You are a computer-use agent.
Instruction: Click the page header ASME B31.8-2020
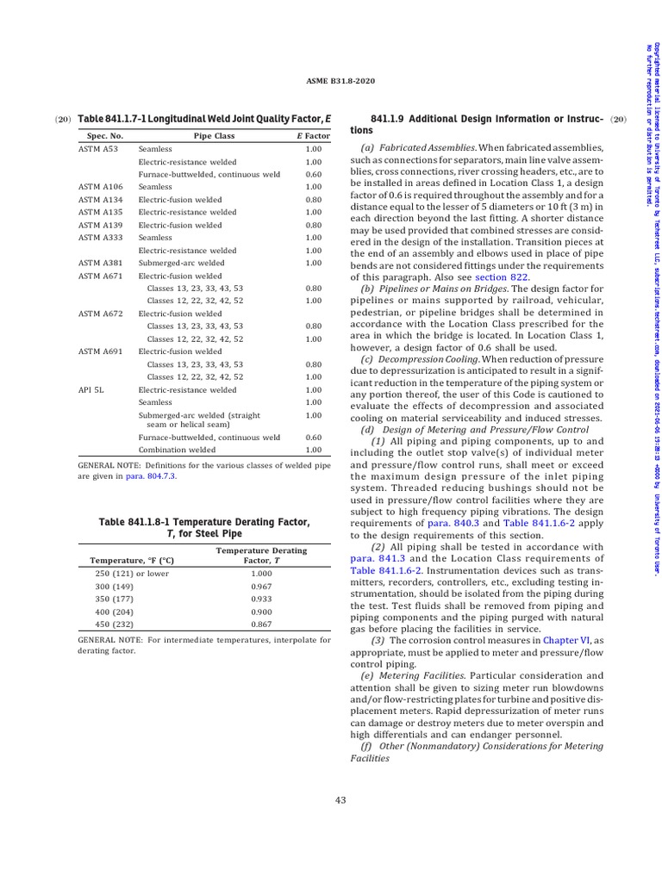click(340, 81)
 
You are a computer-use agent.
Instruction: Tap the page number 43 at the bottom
click(340, 800)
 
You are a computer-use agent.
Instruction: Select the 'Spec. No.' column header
click(105, 136)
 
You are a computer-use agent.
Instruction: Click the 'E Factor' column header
click(313, 136)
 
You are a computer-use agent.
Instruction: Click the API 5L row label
click(92, 389)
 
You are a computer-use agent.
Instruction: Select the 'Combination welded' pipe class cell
click(177, 450)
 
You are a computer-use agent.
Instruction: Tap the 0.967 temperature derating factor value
click(261, 586)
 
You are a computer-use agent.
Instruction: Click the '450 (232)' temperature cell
click(115, 624)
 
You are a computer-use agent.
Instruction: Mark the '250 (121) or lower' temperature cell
click(132, 573)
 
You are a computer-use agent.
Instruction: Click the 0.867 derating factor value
click(261, 624)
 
